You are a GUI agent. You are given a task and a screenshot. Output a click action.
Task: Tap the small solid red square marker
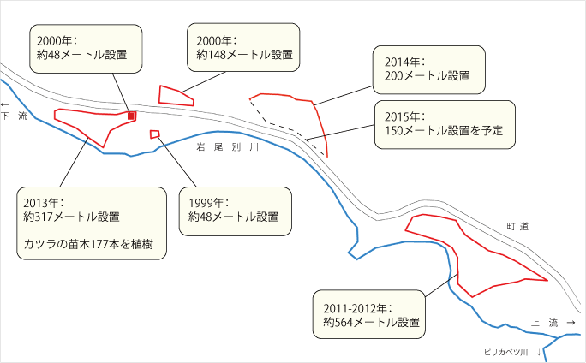tap(131, 116)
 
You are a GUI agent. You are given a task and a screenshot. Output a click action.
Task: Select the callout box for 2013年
tap(93, 224)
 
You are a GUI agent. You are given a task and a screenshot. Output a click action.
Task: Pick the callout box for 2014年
tap(428, 68)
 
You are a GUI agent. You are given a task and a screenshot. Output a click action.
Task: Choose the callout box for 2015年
tap(445, 124)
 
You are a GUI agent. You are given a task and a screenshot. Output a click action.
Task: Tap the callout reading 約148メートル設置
tap(243, 46)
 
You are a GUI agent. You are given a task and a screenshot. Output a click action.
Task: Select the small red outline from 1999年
tap(154, 134)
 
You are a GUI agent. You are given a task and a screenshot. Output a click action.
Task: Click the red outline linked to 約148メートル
tap(174, 96)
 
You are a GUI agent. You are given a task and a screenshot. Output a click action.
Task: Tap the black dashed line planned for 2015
tap(283, 125)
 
